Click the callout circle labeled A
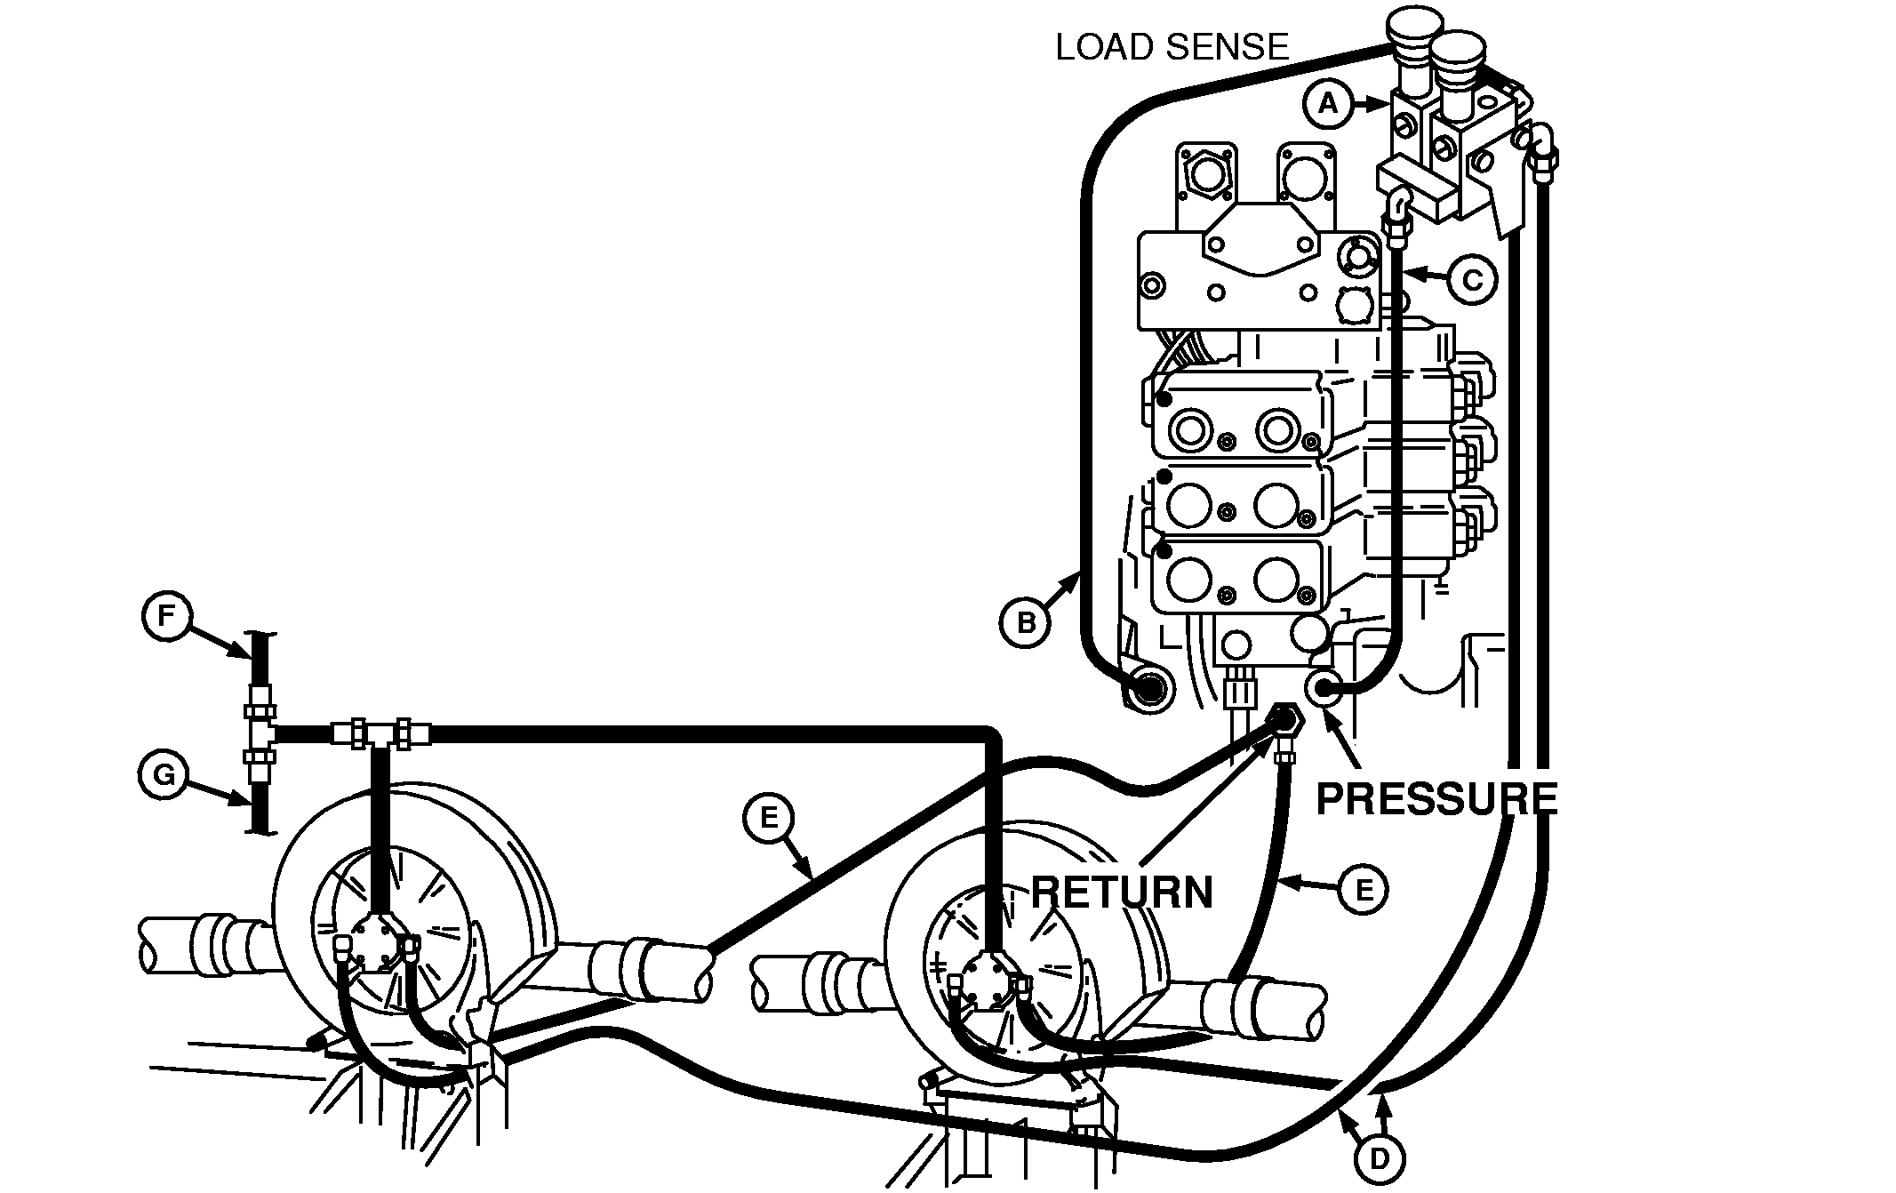point(1326,104)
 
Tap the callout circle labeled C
point(1472,280)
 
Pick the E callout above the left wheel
point(769,818)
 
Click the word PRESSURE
point(1436,798)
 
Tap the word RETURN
point(1122,892)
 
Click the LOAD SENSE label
point(1172,47)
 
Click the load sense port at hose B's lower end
point(1148,689)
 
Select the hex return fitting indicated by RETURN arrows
point(1284,717)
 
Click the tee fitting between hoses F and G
point(259,733)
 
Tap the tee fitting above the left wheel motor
point(380,733)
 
